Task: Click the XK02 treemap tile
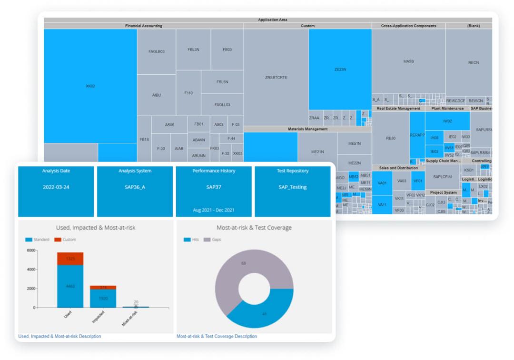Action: pos(90,86)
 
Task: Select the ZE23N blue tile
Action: pos(340,70)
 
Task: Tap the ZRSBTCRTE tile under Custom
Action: pos(276,77)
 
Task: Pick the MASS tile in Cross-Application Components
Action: pos(408,61)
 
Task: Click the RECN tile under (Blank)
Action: pos(473,62)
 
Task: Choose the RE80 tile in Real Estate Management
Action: pos(390,138)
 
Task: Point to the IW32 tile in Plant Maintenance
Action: pos(447,121)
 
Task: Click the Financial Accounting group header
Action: pos(143,26)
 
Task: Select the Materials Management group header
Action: pos(307,129)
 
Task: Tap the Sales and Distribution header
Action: pos(398,168)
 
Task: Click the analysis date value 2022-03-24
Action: pos(56,187)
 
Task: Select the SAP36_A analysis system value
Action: pos(135,187)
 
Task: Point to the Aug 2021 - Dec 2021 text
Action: pos(214,210)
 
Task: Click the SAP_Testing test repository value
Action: pos(293,187)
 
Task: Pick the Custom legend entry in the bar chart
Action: pos(66,240)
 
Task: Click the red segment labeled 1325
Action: pos(70,259)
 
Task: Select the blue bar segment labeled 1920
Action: pos(103,299)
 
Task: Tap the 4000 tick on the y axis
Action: pos(31,270)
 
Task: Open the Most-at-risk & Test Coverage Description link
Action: pos(217,336)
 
